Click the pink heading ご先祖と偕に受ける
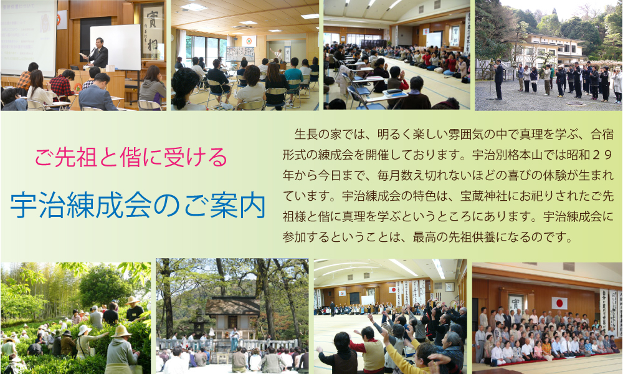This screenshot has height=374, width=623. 131,157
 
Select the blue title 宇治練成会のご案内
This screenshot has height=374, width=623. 138,205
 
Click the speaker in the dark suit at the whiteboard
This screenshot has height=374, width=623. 98,53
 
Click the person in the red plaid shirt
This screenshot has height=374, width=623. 62,85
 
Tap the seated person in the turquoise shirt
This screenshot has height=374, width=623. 294,75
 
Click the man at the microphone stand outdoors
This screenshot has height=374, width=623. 498,79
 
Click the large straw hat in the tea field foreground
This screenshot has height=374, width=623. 121,332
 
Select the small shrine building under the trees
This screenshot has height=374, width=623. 232,314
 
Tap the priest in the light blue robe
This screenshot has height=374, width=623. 234,340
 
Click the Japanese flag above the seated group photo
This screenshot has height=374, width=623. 559,304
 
